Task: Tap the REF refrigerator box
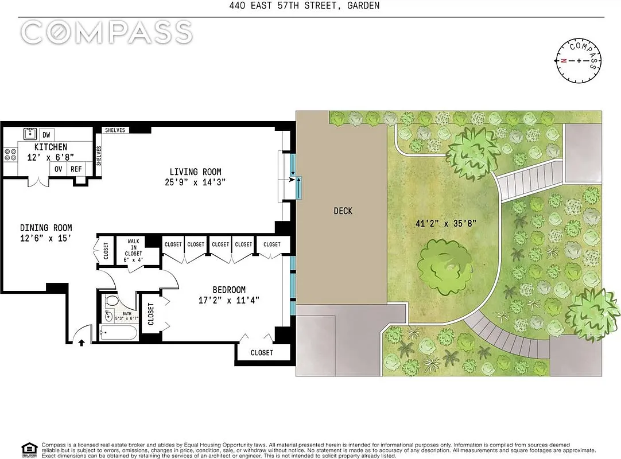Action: point(76,169)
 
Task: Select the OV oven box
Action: point(59,169)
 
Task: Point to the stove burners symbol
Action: point(10,154)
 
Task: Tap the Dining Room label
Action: point(46,228)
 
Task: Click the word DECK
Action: point(343,211)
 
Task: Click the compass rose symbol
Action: point(579,61)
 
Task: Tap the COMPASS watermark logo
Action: point(106,32)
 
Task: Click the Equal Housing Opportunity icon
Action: point(27,448)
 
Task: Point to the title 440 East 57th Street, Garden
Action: point(310,6)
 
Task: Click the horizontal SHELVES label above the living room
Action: point(115,130)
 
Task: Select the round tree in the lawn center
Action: point(445,267)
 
